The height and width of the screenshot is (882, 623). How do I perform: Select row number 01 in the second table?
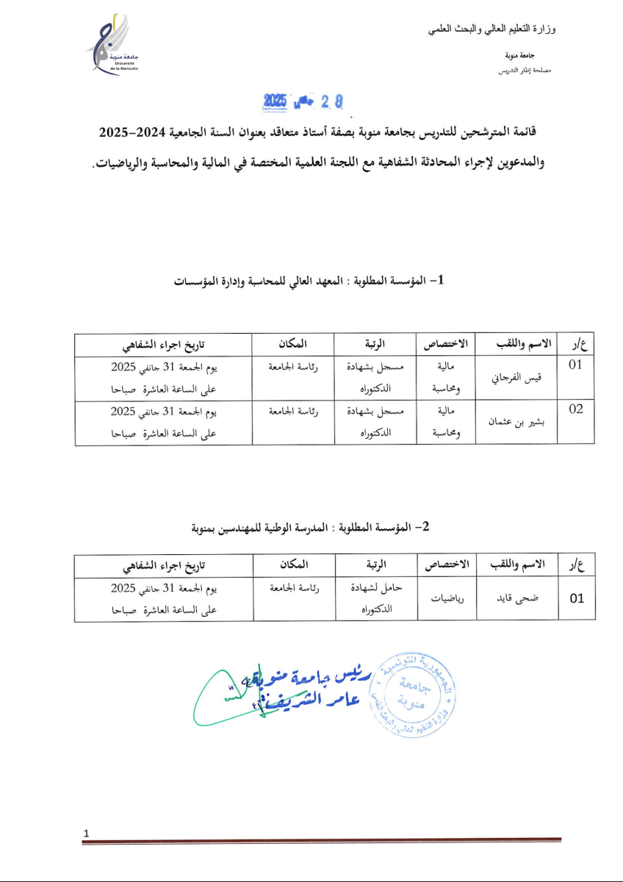[x=577, y=598]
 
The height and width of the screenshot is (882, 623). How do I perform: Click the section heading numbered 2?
[x=309, y=527]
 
